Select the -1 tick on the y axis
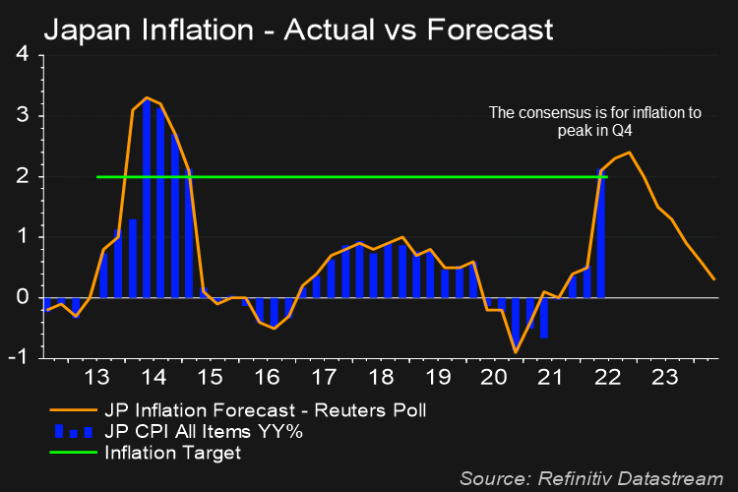19,358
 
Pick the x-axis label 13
97,379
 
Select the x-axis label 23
661,379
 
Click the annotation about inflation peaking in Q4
595,121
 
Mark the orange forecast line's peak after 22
629,153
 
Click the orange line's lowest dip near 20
515,351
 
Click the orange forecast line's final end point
714,279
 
